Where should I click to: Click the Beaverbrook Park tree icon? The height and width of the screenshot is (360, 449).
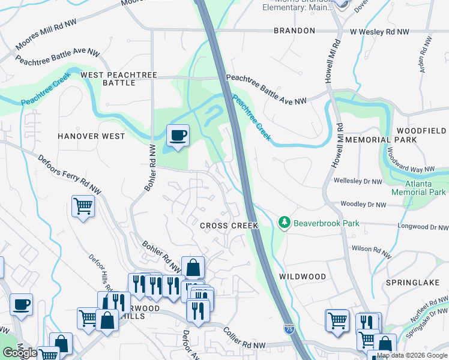[285, 223]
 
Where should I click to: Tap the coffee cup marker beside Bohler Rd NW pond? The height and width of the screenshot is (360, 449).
[178, 136]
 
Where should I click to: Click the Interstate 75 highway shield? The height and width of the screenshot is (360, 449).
[289, 328]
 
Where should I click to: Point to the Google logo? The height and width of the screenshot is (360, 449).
[20, 353]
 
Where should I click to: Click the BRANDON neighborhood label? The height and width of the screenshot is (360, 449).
[294, 31]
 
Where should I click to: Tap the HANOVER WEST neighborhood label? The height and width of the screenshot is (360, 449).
[91, 136]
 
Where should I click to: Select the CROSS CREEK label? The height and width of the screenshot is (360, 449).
[229, 226]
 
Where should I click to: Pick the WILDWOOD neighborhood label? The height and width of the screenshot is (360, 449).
[303, 277]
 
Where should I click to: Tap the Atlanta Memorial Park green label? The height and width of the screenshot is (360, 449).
[418, 188]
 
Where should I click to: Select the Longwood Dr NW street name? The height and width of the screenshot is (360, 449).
[423, 227]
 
